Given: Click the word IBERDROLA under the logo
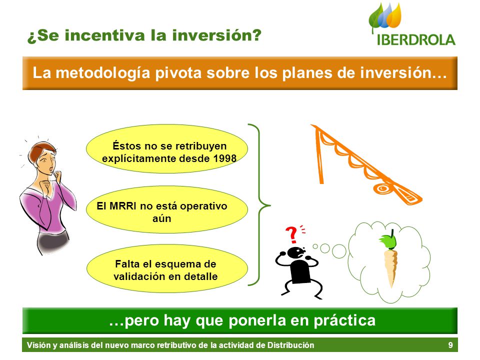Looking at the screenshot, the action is pyautogui.click(x=416, y=40).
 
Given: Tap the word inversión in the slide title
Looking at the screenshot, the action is pyautogui.click(x=216, y=35).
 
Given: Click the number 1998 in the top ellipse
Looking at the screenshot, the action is pyautogui.click(x=225, y=158).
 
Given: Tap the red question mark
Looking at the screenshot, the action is pyautogui.click(x=291, y=234).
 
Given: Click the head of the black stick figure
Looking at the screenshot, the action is pyautogui.click(x=296, y=253).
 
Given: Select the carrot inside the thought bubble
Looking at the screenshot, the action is pyautogui.click(x=390, y=259).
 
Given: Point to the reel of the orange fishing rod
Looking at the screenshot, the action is pyautogui.click(x=381, y=188).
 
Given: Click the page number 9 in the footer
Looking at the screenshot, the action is pyautogui.click(x=450, y=345).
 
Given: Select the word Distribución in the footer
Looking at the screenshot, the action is pyautogui.click(x=290, y=345).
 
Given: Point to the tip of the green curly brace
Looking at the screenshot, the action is pyautogui.click(x=270, y=205).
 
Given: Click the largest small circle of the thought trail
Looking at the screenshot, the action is pyautogui.click(x=339, y=251).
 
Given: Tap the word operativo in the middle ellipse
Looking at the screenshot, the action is pyautogui.click(x=203, y=206).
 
